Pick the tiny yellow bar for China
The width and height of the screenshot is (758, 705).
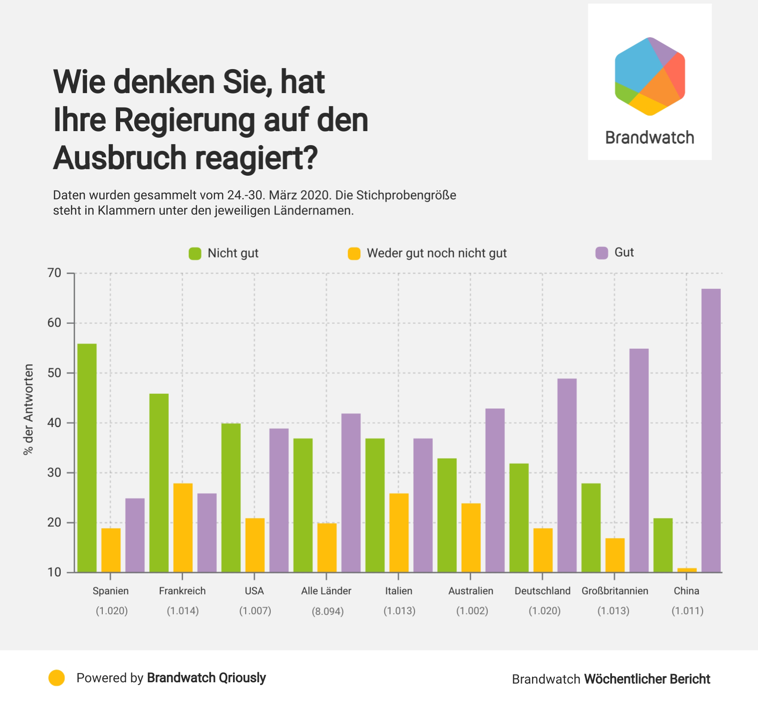687,570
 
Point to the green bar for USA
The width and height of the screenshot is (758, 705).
231,498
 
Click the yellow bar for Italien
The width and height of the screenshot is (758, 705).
399,533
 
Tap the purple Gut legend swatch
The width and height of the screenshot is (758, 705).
602,253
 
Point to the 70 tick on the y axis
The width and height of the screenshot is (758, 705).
55,273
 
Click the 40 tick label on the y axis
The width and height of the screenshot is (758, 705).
55,423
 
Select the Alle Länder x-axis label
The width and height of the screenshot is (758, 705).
326,591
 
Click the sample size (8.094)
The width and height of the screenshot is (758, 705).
327,611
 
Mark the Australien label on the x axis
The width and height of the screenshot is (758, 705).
470,591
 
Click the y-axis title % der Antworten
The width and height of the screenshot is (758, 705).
28,410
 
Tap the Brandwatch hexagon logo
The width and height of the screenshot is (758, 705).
650,76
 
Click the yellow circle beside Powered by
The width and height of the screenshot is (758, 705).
56,678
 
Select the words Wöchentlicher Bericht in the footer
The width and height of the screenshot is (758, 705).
647,679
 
